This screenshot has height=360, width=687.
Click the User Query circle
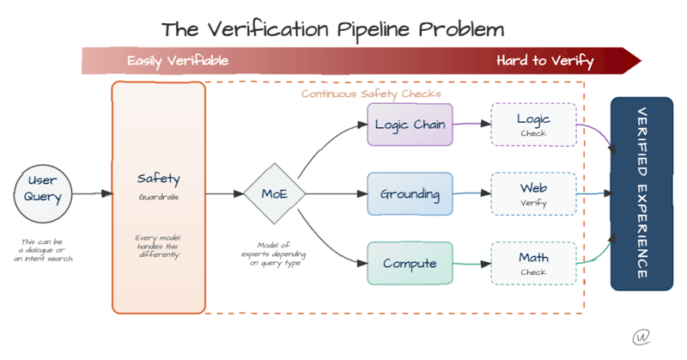tap(43, 188)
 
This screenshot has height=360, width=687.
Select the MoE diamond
tap(275, 194)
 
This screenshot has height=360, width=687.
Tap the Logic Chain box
tap(410, 125)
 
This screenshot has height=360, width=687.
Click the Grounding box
tap(410, 194)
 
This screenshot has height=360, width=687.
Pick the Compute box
tap(410, 264)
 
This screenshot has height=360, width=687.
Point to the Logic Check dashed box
tap(533, 125)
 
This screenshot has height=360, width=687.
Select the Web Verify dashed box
tap(533, 194)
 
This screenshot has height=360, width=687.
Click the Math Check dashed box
tap(533, 264)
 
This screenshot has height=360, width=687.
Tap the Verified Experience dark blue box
tap(641, 193)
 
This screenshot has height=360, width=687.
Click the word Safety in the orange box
tap(159, 179)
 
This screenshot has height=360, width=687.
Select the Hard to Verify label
tap(544, 61)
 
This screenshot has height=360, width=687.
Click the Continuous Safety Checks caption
tap(371, 93)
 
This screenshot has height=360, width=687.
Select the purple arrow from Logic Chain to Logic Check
tap(471, 125)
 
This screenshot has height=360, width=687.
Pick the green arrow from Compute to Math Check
tap(471, 264)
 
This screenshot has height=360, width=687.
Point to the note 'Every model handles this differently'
tap(159, 246)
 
